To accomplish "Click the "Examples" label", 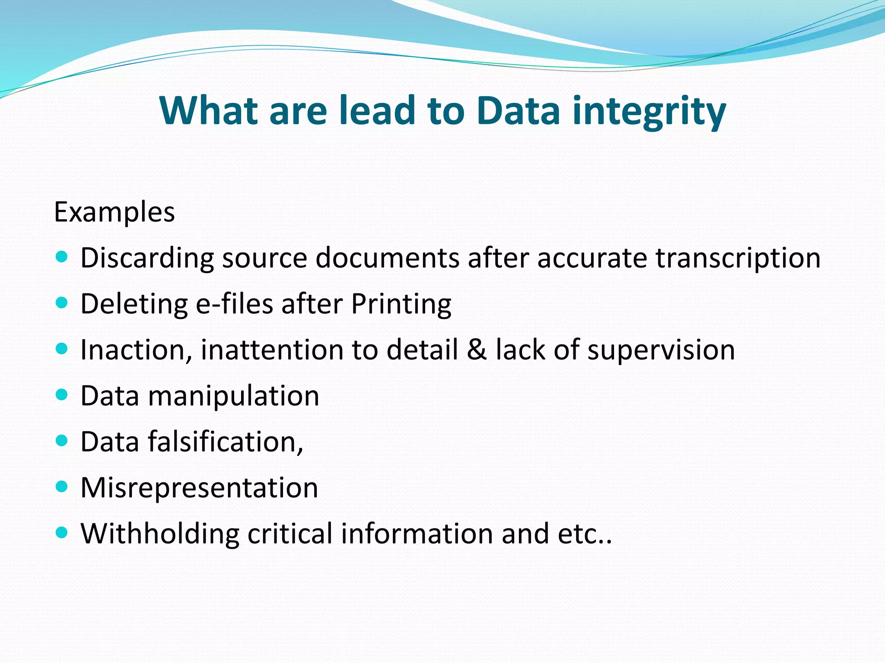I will pos(115,212).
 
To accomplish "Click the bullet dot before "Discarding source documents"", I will pos(62,257).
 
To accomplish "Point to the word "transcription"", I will pos(738,258).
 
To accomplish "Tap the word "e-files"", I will pos(235,303).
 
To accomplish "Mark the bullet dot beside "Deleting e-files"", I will pos(62,303).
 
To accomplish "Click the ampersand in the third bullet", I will pos(477,350).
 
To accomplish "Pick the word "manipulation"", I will pos(233,396).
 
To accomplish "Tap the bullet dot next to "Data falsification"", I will pos(62,441).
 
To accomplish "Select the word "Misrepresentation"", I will pos(199,488).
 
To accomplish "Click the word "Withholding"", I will pos(160,534).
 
